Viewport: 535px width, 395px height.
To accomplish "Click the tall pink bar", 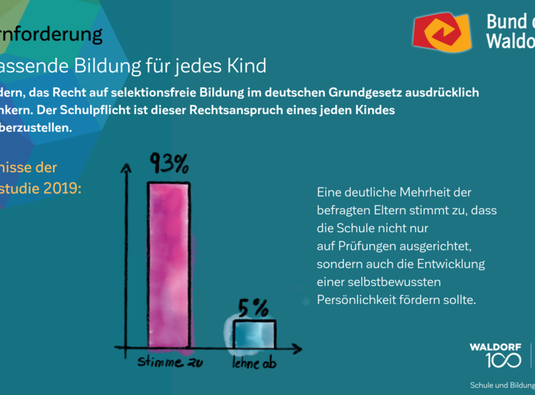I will (x=169, y=265).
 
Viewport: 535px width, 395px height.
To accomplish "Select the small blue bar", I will (x=254, y=335).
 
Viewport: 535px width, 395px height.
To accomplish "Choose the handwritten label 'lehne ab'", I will (x=254, y=362).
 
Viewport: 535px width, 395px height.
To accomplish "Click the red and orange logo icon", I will (x=443, y=32).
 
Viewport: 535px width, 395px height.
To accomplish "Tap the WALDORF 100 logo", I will (x=495, y=354).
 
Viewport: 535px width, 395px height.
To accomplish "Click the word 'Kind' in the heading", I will (x=245, y=66).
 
